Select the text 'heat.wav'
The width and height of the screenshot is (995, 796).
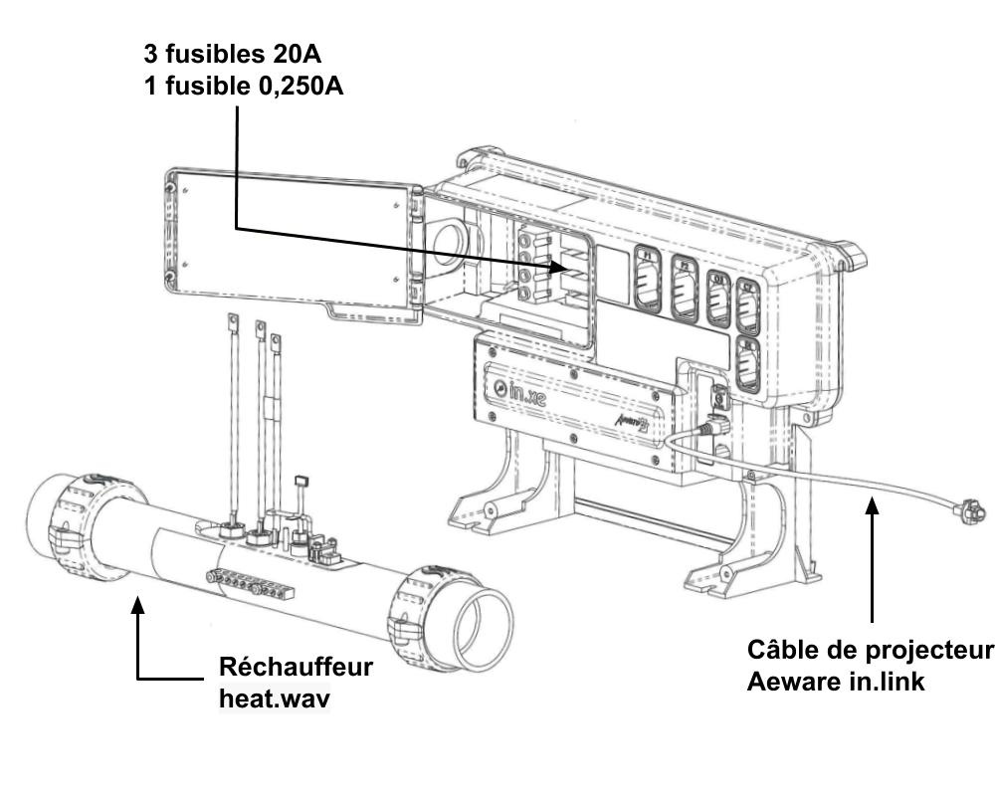(274, 697)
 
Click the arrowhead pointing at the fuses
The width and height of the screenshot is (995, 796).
(559, 266)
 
